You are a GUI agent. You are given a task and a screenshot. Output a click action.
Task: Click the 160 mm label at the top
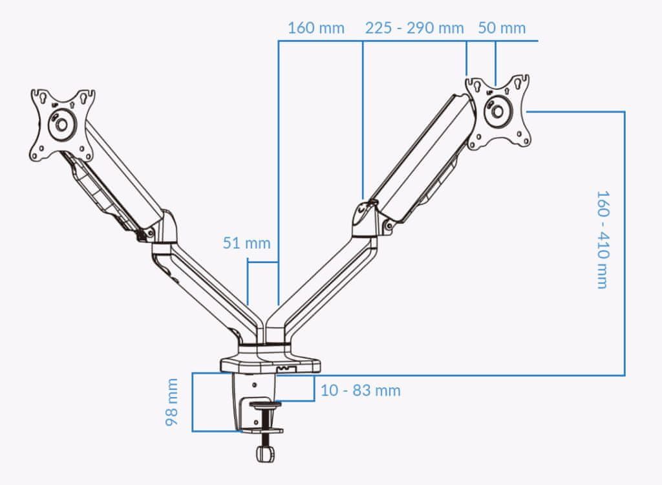(x=315, y=28)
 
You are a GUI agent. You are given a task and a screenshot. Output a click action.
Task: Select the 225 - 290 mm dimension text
(x=414, y=28)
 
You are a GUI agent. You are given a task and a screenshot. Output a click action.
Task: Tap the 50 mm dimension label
(x=502, y=28)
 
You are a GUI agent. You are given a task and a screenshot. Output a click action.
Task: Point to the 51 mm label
(x=246, y=243)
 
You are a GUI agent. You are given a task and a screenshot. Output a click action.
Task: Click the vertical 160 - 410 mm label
(x=603, y=239)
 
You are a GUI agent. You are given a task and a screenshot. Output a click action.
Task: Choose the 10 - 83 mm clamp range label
(x=361, y=391)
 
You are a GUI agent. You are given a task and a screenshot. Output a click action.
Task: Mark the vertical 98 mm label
(x=172, y=402)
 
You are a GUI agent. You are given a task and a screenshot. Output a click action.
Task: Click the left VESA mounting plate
(x=63, y=125)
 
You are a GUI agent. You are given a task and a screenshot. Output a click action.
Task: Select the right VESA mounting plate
(x=498, y=113)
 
